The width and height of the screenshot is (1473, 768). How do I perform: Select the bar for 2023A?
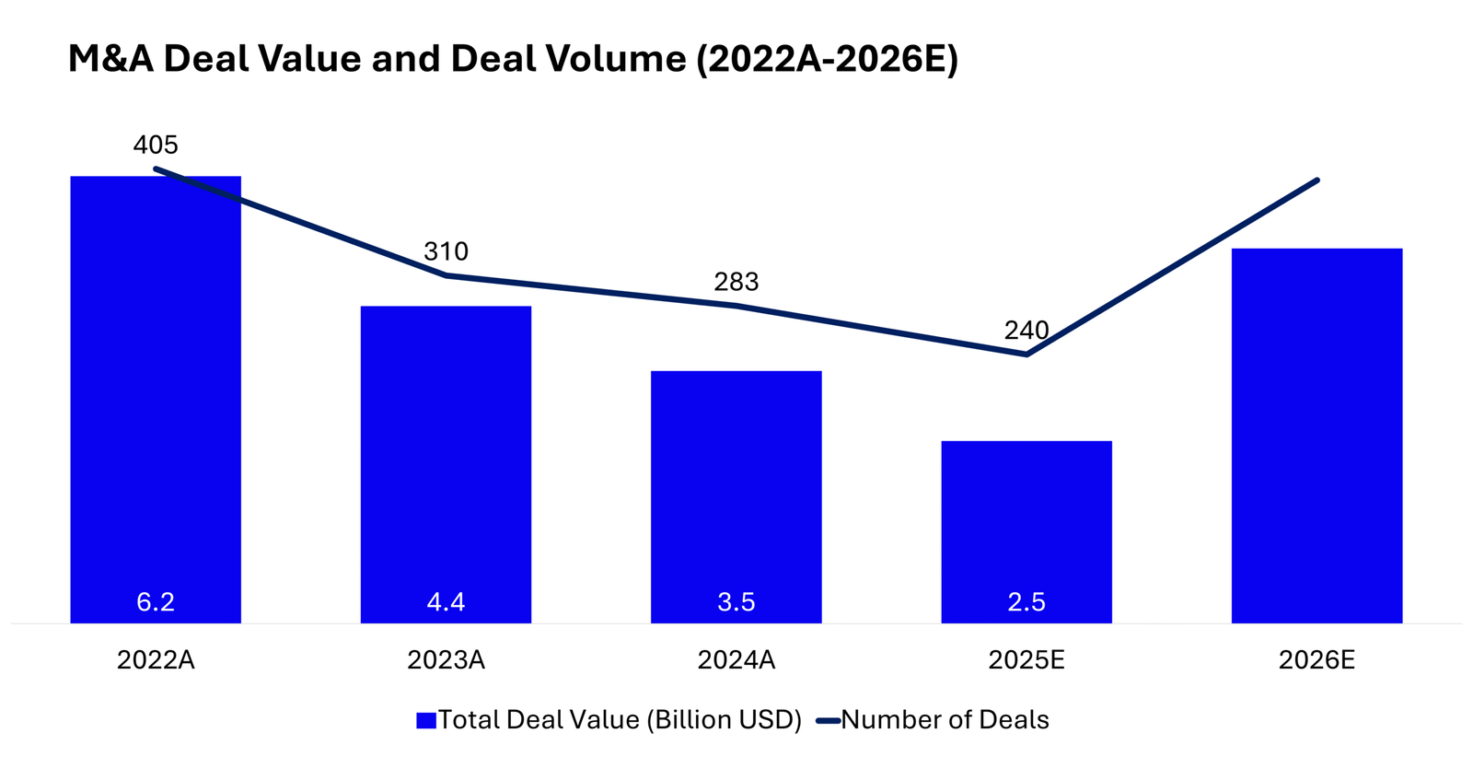click(446, 460)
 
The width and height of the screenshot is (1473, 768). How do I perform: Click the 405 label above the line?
click(156, 145)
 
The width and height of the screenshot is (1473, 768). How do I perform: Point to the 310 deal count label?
click(446, 251)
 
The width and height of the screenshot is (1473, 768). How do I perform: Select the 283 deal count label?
click(736, 282)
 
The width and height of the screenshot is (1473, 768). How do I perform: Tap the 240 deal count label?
click(1026, 331)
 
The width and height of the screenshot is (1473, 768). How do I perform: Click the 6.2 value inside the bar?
click(156, 602)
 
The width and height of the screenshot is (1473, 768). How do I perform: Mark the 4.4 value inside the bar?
click(446, 602)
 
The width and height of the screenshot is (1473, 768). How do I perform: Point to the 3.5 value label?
click(736, 602)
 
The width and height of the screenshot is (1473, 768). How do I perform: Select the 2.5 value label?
click(1026, 602)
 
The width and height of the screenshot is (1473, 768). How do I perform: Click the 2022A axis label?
click(156, 660)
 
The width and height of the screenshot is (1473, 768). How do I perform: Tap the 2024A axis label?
click(736, 660)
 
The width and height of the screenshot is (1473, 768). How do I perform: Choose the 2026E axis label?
click(1316, 660)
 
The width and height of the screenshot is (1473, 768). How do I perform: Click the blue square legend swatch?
click(425, 720)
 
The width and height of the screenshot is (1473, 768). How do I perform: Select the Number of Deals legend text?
click(945, 720)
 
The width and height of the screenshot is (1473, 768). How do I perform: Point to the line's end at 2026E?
click(1317, 180)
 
